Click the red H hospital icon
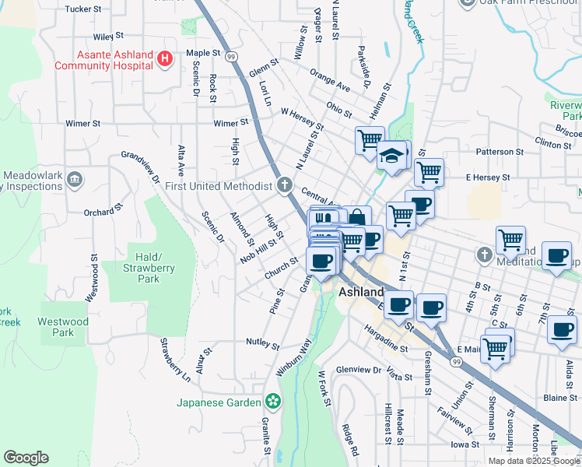click(x=164, y=59)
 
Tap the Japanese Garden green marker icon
click(x=272, y=402)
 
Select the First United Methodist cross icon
click(x=285, y=185)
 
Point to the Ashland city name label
click(x=362, y=293)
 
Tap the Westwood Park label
click(x=64, y=327)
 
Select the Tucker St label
click(x=84, y=9)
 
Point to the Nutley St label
click(x=262, y=342)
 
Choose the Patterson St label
click(x=500, y=152)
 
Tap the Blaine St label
click(x=559, y=398)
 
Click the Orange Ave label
click(x=329, y=81)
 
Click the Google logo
click(x=26, y=458)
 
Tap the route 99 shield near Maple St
click(x=231, y=57)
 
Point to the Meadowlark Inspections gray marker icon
click(x=75, y=180)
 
